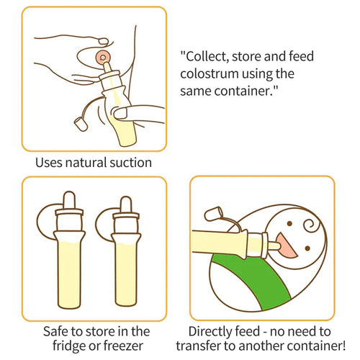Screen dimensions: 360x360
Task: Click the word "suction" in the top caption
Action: (x=129, y=163)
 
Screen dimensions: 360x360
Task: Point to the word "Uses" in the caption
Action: (x=50, y=163)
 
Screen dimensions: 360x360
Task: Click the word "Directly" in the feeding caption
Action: (x=213, y=331)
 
